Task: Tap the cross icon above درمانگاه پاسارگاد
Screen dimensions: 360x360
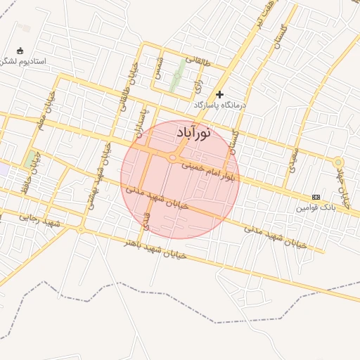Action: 220,94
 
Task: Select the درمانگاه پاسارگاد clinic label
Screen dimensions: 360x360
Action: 221,105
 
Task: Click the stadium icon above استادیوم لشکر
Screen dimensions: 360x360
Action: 19,51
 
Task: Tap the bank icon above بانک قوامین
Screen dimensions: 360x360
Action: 316,197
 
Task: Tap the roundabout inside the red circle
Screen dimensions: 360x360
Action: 173,158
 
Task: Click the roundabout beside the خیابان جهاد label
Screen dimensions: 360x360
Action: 337,162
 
